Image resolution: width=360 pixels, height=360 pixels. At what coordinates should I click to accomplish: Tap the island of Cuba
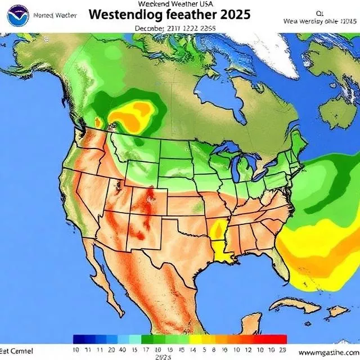tap(295, 307)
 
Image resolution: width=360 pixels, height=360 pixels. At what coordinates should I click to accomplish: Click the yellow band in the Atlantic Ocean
tap(315, 247)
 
